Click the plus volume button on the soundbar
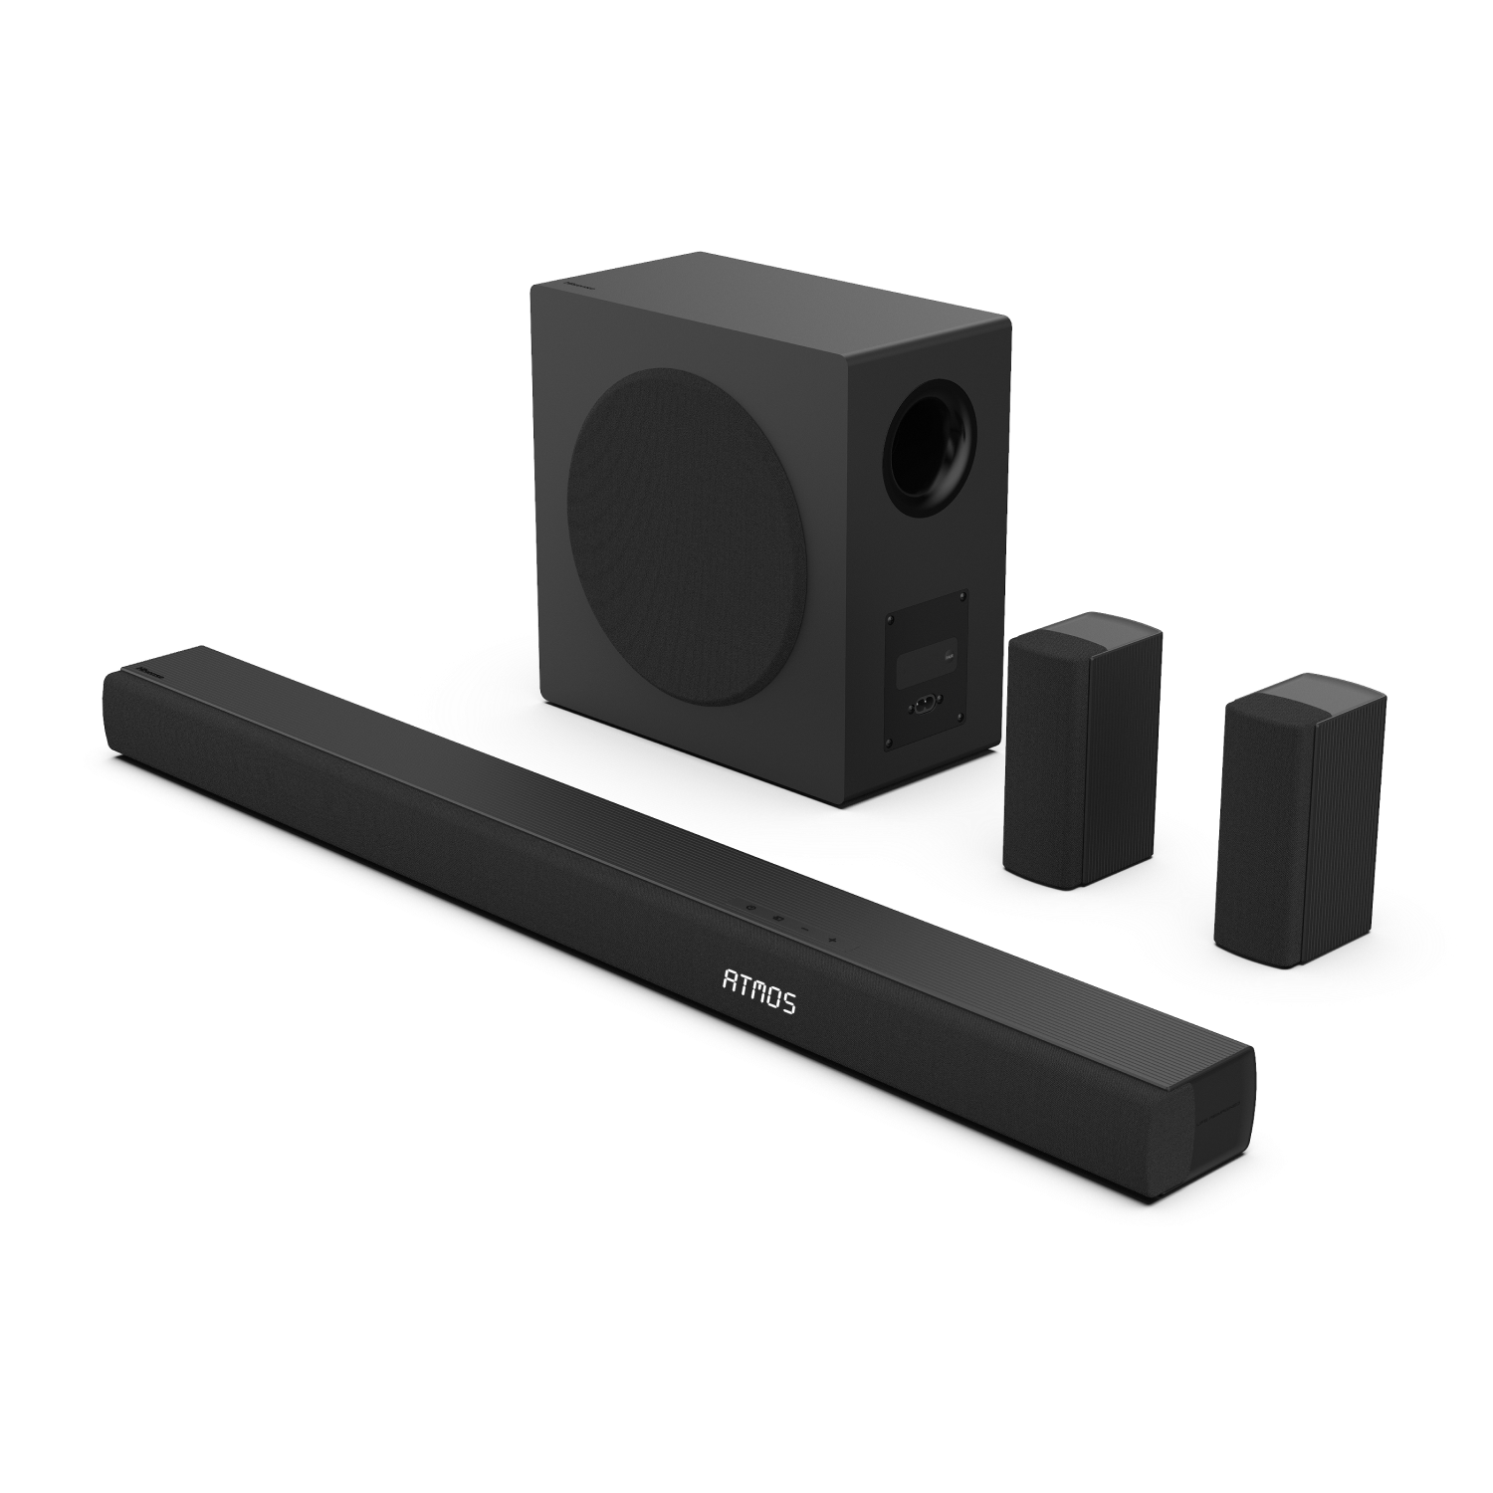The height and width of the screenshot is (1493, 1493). tap(832, 938)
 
